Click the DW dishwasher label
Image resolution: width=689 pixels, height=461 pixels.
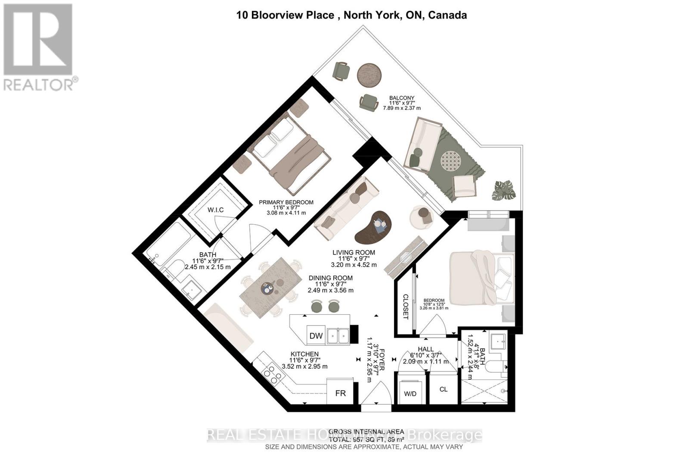(x=316, y=336)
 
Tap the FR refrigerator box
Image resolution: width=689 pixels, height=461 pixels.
(x=340, y=393)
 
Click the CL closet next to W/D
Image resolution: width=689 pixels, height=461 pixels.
(x=444, y=389)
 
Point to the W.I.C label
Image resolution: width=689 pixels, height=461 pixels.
(x=215, y=210)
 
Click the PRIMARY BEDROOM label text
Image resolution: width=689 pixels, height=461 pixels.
(x=286, y=202)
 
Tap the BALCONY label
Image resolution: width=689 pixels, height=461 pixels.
(x=401, y=98)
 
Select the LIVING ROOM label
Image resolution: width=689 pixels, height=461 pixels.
(x=354, y=253)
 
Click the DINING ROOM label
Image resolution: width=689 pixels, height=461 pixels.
(x=330, y=278)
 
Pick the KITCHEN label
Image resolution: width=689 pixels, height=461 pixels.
(x=304, y=354)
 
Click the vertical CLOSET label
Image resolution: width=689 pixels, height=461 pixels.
(x=405, y=307)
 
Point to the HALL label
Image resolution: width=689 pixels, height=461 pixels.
(x=426, y=349)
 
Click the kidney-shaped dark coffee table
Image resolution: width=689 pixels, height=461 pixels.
(x=373, y=226)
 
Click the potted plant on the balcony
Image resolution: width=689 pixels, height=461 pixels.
(x=504, y=190)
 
